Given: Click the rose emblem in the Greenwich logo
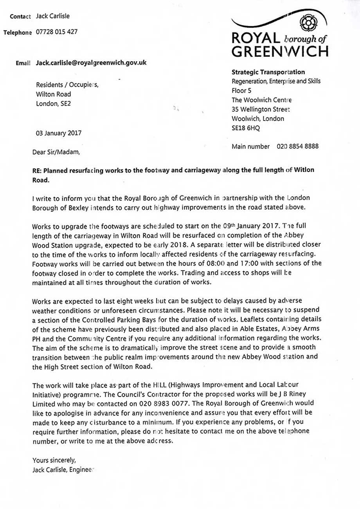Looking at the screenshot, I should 308,23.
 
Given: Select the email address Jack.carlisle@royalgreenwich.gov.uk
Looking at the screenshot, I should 91,63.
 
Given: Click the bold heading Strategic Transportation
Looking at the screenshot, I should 268,72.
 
